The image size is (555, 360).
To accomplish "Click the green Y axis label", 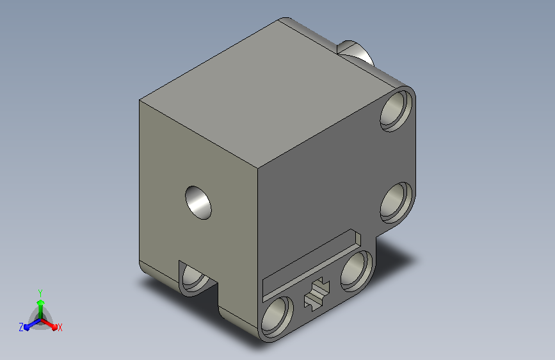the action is [x=40, y=293].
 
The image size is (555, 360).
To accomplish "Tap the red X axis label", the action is [x=60, y=327].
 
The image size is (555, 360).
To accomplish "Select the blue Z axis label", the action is [x=21, y=327].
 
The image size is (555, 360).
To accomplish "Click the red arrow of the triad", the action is [x=49, y=324].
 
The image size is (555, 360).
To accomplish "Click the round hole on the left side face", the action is [x=198, y=202].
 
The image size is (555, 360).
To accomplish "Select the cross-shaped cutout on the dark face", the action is [x=317, y=294].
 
